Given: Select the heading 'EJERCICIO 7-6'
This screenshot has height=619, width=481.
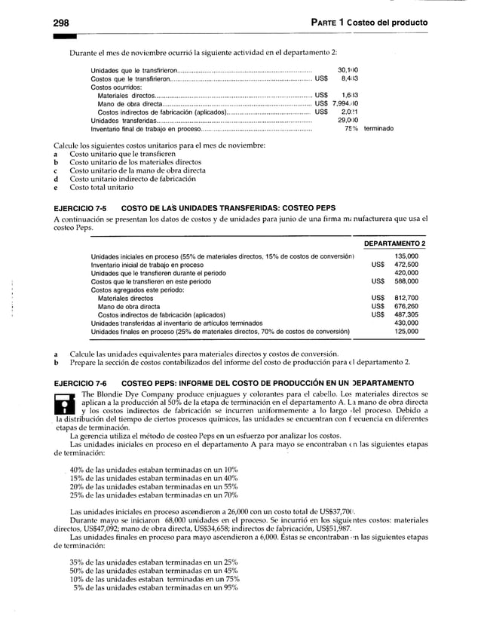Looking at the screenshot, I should pos(79,382).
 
